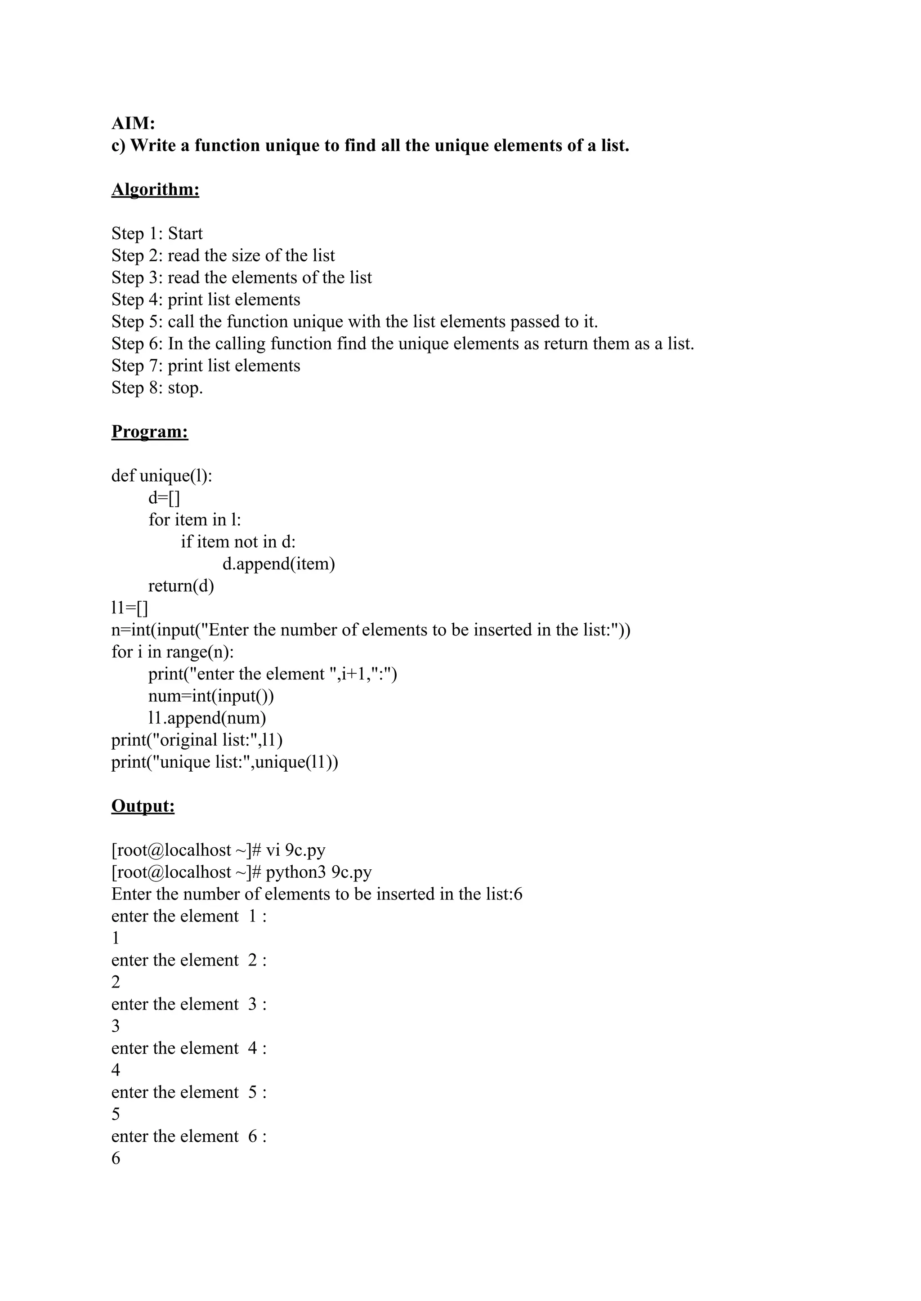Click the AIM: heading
pyautogui.click(x=133, y=123)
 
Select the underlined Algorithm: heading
pyautogui.click(x=156, y=189)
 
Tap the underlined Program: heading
pyautogui.click(x=150, y=432)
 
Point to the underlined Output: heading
pyautogui.click(x=143, y=806)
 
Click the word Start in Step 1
pyautogui.click(x=185, y=234)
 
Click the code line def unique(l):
pyautogui.click(x=161, y=476)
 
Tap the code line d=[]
pyautogui.click(x=164, y=498)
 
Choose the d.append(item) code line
pyautogui.click(x=278, y=564)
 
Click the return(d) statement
pyautogui.click(x=181, y=586)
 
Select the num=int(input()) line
pyautogui.click(x=211, y=696)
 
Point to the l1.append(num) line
pyautogui.click(x=207, y=718)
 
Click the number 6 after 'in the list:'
pyautogui.click(x=517, y=894)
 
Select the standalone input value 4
pyautogui.click(x=116, y=1070)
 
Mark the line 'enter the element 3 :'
pyautogui.click(x=189, y=1004)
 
